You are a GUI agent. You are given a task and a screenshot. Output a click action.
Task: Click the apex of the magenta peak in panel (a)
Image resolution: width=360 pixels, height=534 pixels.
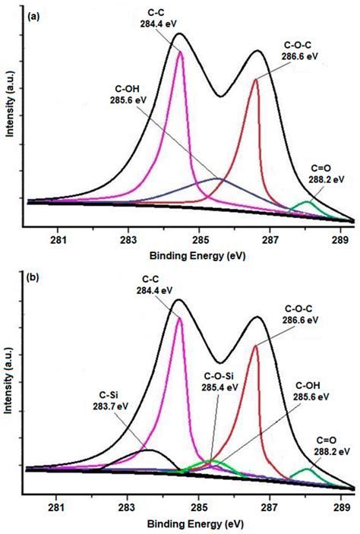180,51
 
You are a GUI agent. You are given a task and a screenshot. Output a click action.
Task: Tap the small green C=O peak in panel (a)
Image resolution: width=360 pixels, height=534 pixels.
306,202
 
